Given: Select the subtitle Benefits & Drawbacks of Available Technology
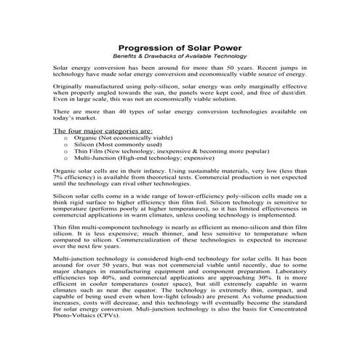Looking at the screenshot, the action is point(180,56).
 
